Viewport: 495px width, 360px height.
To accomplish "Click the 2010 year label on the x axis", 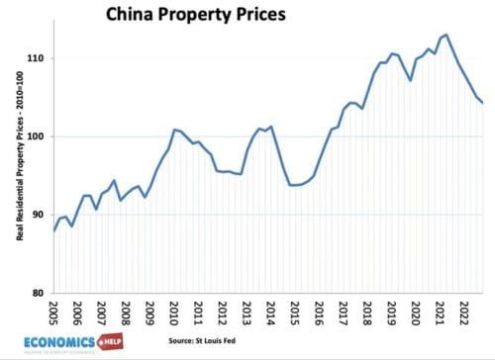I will point(173,315).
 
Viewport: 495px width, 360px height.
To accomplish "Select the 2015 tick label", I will point(293,315).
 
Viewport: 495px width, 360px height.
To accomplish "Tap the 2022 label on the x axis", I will point(460,315).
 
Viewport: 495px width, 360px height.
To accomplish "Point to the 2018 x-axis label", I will point(364,315).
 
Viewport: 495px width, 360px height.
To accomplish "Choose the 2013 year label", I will point(246,315).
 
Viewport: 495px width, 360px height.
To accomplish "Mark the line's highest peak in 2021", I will point(446,36).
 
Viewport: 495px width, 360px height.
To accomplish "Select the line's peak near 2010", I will point(175,130).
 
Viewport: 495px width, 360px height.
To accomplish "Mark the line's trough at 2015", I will point(294,185).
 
